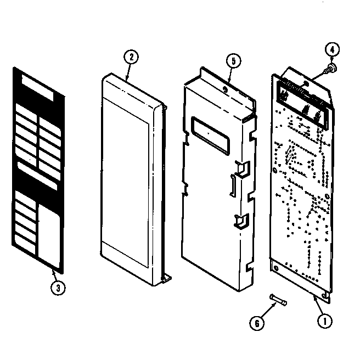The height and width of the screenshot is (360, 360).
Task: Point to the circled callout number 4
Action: pos(331,50)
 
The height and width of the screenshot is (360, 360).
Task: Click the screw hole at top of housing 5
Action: pos(226,86)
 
